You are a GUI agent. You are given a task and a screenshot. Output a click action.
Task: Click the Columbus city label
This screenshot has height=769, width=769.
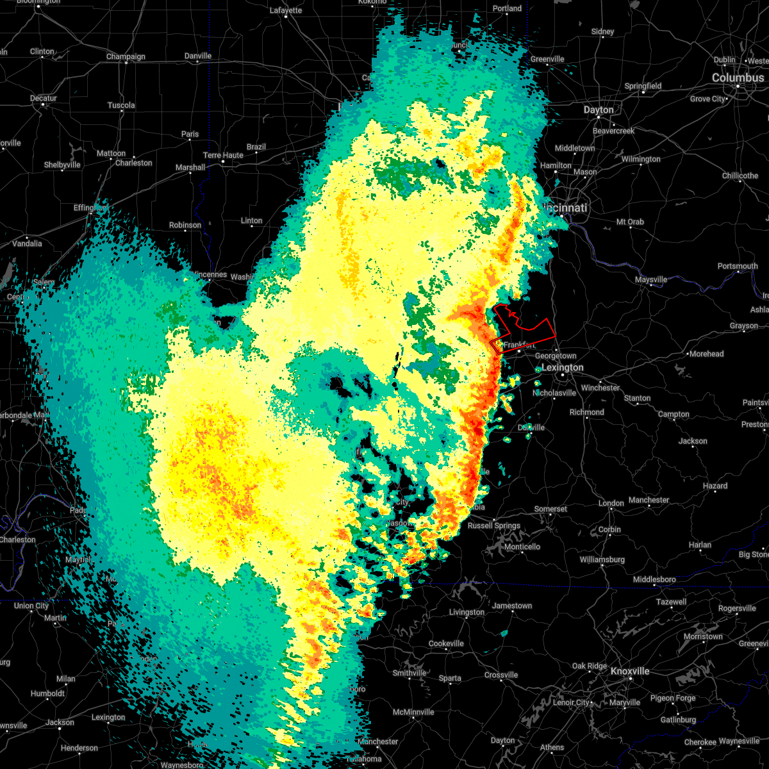[738, 78]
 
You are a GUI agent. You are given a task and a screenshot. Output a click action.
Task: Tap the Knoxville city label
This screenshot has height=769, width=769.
[629, 671]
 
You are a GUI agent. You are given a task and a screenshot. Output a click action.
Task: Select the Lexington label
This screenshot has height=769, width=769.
[563, 367]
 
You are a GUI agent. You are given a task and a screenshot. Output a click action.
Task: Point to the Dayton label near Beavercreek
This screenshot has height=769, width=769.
[599, 110]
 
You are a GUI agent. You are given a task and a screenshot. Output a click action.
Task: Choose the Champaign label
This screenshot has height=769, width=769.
[126, 56]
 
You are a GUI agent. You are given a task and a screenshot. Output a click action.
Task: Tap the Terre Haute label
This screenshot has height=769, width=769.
[223, 155]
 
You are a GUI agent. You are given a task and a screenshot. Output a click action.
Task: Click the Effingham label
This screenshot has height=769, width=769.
[90, 208]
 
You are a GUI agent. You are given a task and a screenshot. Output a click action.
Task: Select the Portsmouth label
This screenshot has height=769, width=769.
[738, 266]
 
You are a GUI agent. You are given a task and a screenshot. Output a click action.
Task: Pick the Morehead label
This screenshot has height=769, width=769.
[706, 354]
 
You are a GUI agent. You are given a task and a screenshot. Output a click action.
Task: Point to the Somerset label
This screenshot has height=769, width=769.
[550, 509]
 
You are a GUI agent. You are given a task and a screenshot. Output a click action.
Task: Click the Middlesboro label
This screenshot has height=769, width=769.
[654, 579]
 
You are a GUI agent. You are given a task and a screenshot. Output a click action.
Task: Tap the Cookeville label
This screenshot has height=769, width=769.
[446, 643]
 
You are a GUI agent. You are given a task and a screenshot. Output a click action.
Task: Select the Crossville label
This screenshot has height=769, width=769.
[501, 675]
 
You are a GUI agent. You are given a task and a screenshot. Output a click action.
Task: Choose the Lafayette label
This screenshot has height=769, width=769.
[286, 10]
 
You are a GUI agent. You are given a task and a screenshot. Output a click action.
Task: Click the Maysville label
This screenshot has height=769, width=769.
[651, 279]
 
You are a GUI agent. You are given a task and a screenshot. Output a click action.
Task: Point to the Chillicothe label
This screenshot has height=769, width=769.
[740, 176]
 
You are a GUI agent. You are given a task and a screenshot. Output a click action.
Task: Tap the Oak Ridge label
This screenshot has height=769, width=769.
[589, 666]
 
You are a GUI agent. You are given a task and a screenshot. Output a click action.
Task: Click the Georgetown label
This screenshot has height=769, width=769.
[556, 356]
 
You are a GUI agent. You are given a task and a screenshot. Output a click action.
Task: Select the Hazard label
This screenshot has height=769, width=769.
[715, 486]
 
